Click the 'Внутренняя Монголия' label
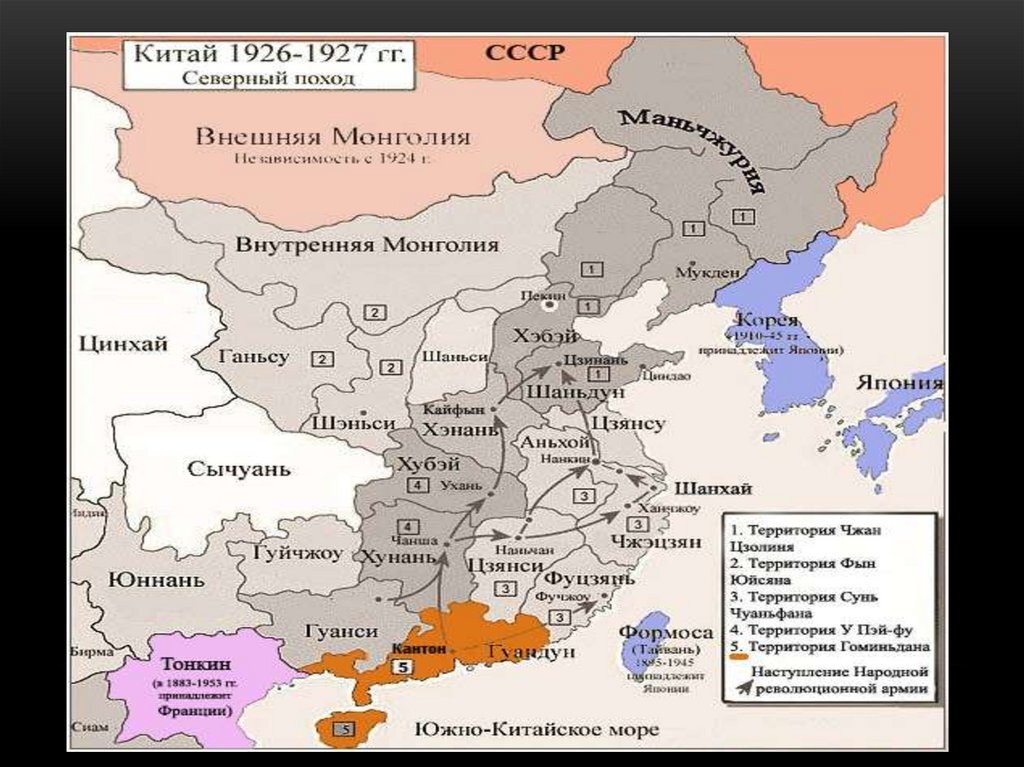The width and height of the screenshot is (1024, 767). pos(367,245)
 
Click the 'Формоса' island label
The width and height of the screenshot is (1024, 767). pos(665,632)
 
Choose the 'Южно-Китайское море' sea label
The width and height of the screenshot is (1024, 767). pos(536,729)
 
